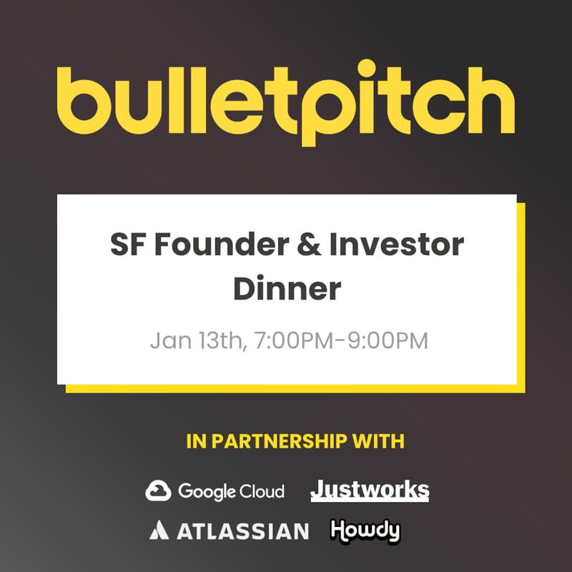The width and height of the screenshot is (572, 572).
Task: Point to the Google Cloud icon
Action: [158, 490]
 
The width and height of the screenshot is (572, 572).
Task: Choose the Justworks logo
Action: [370, 490]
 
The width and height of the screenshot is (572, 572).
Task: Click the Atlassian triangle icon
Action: [159, 531]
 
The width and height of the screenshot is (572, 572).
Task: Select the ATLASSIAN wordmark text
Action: [242, 531]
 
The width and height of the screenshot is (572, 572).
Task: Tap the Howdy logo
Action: [365, 531]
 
